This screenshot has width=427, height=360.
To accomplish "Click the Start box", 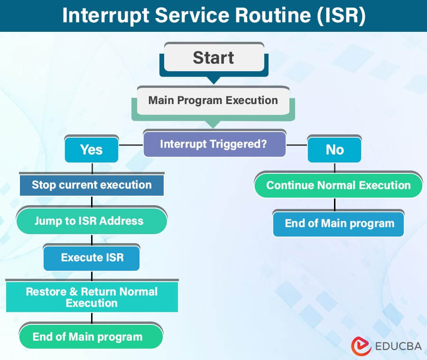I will tap(213, 58).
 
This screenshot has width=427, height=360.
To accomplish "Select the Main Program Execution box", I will tap(213, 101).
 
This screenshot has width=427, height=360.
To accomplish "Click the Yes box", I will tap(91, 150).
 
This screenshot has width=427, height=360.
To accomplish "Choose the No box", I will tap(334, 150).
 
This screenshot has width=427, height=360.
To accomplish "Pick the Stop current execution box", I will tap(92, 185).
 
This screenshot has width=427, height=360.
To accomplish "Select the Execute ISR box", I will tap(92, 257).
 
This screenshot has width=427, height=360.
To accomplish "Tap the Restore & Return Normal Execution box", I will tap(92, 297).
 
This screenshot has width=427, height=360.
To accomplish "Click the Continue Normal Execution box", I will tap(338, 185).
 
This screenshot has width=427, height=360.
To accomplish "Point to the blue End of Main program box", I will tap(339, 223).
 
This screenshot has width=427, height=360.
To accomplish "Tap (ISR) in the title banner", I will tap(341, 16).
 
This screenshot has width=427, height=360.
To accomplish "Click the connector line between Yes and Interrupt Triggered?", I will tap(130, 144).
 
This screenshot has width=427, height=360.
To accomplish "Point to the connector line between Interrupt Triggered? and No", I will tap(297, 144).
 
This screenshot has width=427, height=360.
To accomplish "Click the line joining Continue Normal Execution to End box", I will tap(335, 204).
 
